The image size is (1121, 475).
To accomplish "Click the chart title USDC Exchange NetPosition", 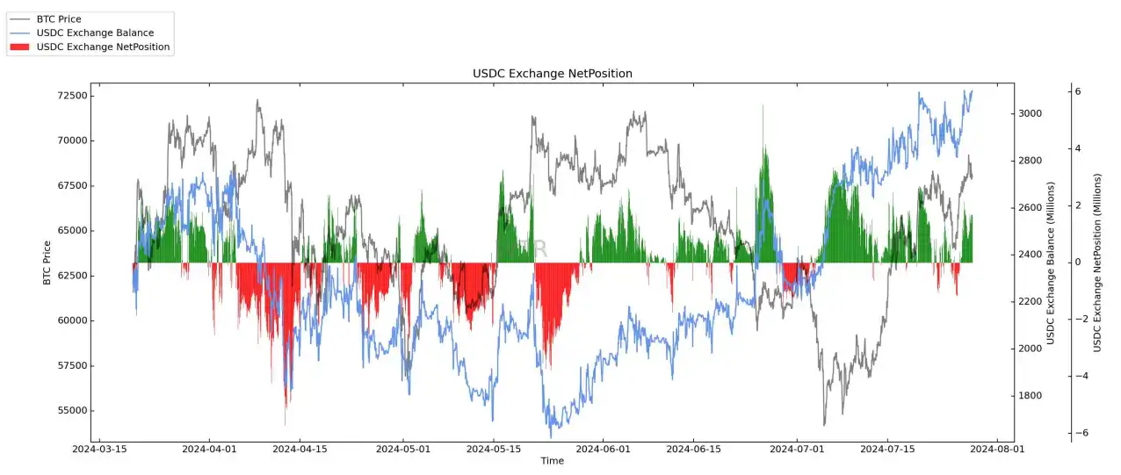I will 552,74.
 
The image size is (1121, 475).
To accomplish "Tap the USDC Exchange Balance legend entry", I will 95,33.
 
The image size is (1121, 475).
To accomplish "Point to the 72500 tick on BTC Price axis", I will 68,95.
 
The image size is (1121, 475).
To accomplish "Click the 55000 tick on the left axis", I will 68,411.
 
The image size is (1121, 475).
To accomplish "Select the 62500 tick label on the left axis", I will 68,276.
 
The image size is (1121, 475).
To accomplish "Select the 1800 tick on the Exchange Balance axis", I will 1030,396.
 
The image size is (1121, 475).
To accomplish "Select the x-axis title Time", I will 552,461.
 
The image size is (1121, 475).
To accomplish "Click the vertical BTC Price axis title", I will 47,263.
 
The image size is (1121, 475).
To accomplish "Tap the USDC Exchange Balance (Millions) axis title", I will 1051,263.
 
